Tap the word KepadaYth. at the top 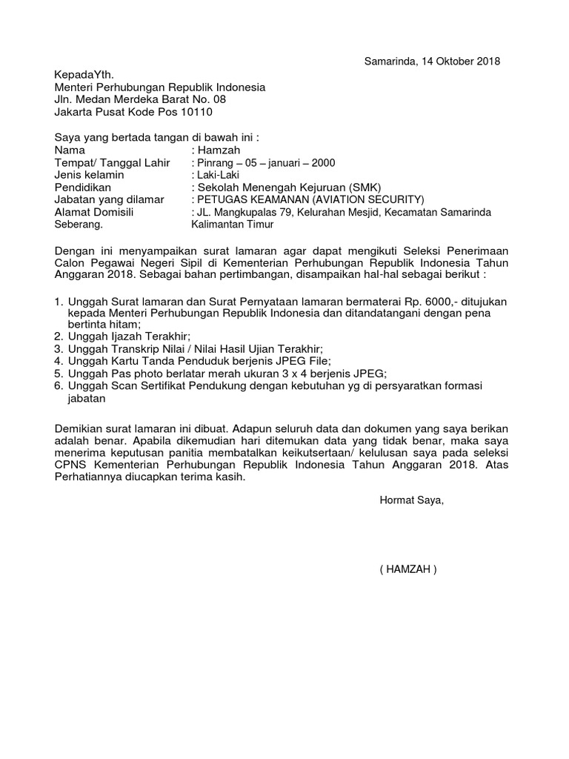coord(84,75)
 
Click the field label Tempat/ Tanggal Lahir coord(113,163)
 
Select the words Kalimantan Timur coord(233,224)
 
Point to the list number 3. coord(59,349)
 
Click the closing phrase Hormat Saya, coord(411,500)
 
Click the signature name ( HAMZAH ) coord(408,570)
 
